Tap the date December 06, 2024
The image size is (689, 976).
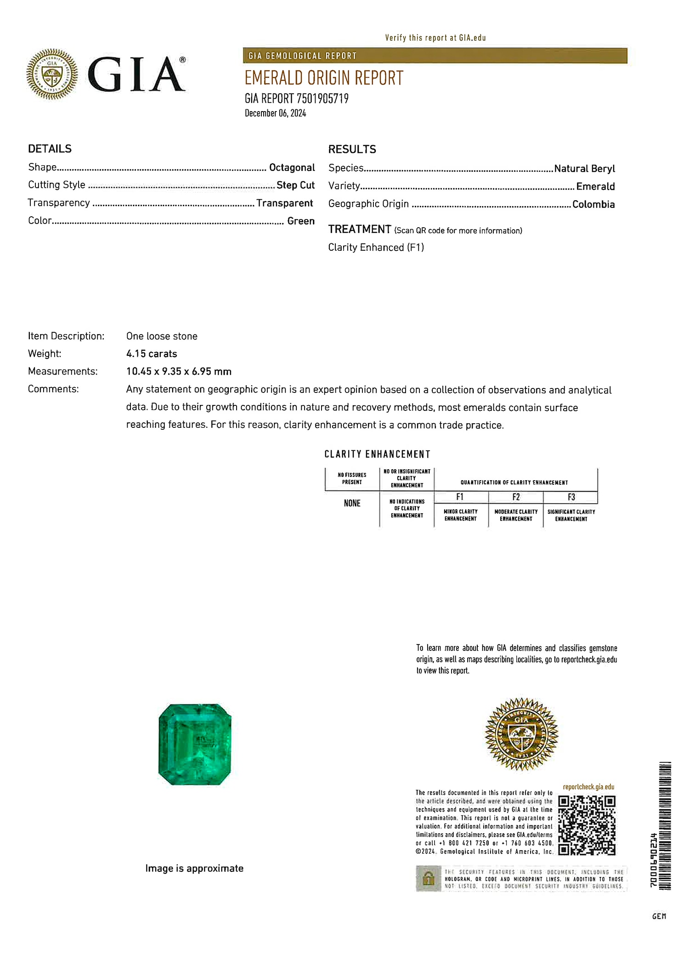(x=275, y=113)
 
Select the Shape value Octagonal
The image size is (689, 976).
(x=292, y=168)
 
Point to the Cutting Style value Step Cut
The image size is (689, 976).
(x=295, y=185)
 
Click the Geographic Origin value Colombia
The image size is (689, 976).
(x=593, y=204)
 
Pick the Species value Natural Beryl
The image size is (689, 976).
(x=584, y=168)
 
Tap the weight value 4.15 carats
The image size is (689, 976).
(x=152, y=354)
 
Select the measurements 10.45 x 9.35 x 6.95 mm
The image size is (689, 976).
(x=179, y=371)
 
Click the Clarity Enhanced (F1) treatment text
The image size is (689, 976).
(x=376, y=247)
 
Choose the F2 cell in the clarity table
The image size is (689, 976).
(x=516, y=497)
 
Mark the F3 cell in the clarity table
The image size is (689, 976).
(x=571, y=497)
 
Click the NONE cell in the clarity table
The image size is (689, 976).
(x=352, y=504)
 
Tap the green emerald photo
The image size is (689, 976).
(x=195, y=744)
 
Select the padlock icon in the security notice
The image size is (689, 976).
(x=428, y=878)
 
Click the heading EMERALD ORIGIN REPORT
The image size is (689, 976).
(x=324, y=78)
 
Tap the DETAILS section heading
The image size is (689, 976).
(x=50, y=149)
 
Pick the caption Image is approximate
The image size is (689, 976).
(x=194, y=868)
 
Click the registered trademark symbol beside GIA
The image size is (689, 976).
(x=182, y=60)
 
